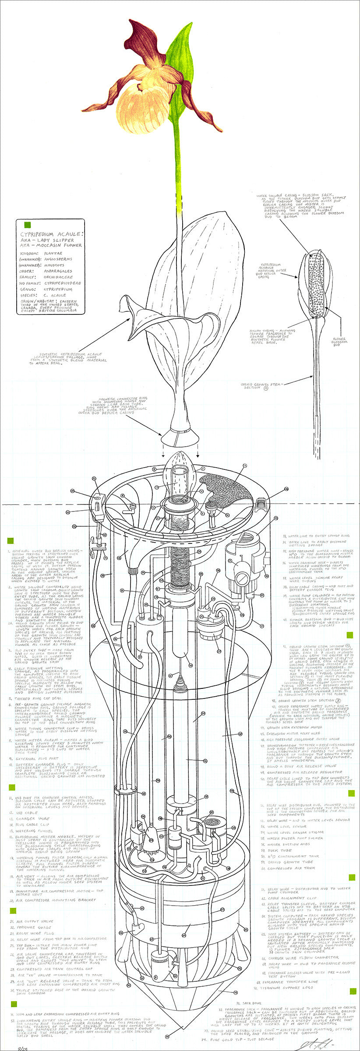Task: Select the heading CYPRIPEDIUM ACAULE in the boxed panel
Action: pyautogui.click(x=51, y=234)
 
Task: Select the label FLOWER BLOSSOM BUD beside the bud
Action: pyautogui.click(x=339, y=342)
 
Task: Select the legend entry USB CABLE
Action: pyautogui.click(x=26, y=812)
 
